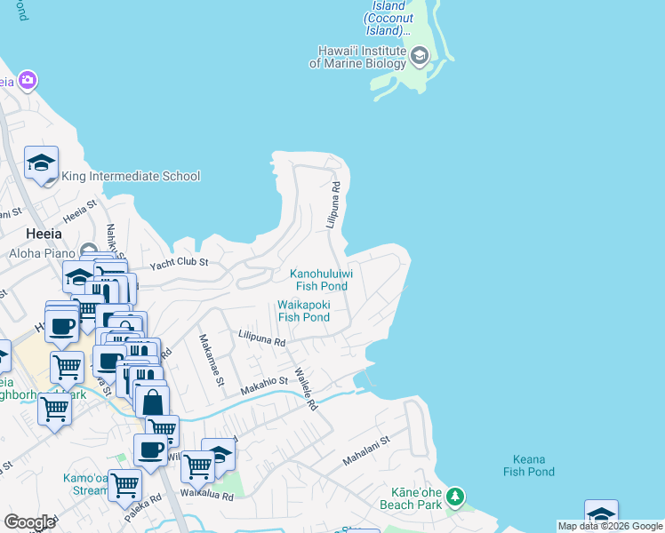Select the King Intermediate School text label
pos(131,176)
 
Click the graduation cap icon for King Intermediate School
pos(41,163)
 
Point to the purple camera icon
pos(28,81)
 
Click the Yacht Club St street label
pos(179,263)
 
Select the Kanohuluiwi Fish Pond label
pos(322,280)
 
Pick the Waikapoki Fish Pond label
pos(304,310)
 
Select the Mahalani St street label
pos(366,451)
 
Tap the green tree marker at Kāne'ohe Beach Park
pos(455,496)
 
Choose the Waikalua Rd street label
pos(206,495)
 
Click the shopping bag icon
pos(153,402)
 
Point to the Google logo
pos(30,522)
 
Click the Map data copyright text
pos(609,526)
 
